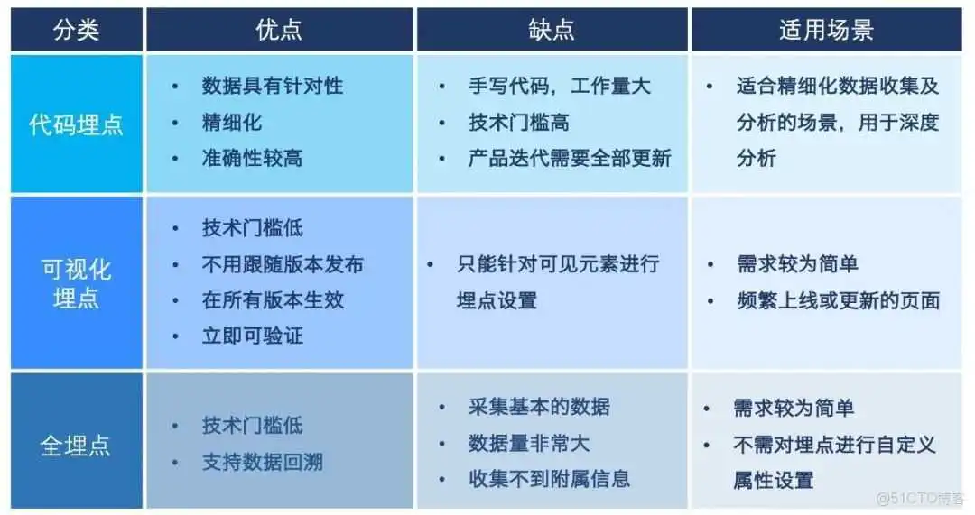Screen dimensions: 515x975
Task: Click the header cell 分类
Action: click(x=76, y=30)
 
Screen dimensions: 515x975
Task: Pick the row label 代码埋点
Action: click(x=76, y=124)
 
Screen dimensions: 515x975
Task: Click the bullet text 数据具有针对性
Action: click(x=272, y=87)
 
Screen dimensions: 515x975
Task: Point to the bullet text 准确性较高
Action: click(x=252, y=159)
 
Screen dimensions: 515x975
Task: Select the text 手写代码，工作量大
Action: click(x=559, y=87)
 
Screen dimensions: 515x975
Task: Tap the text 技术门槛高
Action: click(x=518, y=123)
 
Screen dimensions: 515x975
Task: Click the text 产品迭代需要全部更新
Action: click(x=570, y=159)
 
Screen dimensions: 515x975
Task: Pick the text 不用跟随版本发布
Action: click(x=283, y=264)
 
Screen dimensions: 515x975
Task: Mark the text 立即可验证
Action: click(x=252, y=336)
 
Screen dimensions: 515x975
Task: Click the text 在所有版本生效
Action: click(x=273, y=300)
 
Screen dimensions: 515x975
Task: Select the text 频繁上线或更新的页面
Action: click(x=838, y=300)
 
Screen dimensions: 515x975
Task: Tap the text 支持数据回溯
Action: click(x=262, y=463)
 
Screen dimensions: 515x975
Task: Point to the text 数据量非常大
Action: click(x=529, y=443)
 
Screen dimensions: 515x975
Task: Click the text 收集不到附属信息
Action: click(x=549, y=479)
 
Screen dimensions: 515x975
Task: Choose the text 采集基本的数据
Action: click(x=539, y=407)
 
